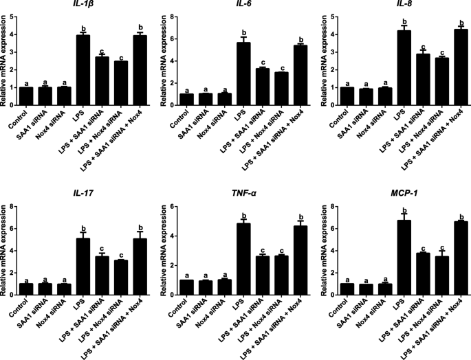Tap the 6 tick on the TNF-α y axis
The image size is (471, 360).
tap(166, 206)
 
